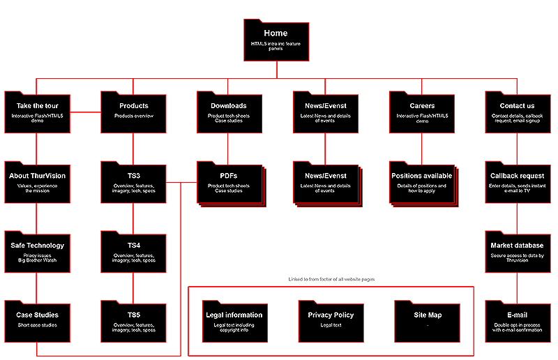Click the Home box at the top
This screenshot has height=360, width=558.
(276, 40)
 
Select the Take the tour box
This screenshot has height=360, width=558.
(38, 112)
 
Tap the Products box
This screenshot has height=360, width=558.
(134, 112)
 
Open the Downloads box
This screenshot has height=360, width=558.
(229, 112)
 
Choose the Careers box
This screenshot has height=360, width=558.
(422, 112)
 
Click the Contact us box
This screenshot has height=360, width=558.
(518, 112)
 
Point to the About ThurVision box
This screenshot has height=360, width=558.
(38, 183)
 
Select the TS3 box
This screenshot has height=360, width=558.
(134, 183)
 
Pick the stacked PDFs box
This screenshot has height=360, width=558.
(229, 183)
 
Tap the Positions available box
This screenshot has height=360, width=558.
(422, 183)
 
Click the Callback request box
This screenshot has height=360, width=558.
(518, 183)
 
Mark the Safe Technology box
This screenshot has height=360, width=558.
(38, 253)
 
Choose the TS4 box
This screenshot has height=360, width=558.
(134, 253)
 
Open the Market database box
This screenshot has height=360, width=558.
(518, 253)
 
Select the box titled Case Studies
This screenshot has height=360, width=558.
(38, 322)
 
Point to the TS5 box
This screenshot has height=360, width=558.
(134, 322)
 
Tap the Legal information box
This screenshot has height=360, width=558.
(235, 322)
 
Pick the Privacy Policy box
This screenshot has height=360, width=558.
(331, 322)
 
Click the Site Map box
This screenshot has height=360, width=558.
(427, 322)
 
